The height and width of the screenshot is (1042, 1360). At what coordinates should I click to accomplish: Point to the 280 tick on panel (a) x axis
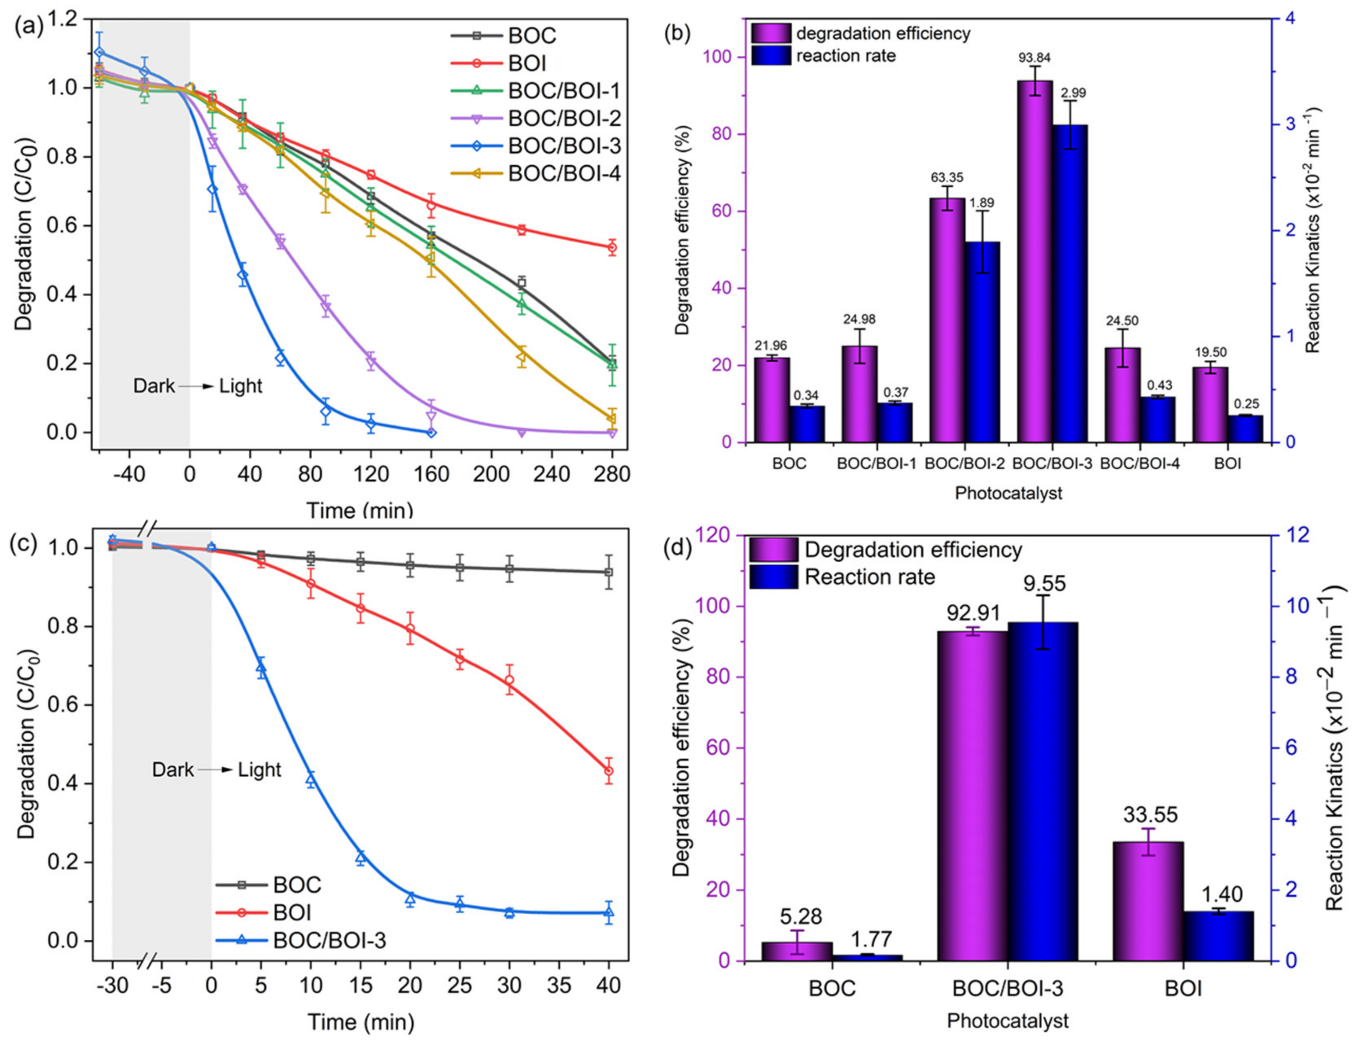click(x=612, y=475)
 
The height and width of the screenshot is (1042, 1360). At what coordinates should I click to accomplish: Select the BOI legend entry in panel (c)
click(x=291, y=913)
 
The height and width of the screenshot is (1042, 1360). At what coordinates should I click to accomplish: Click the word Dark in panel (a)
click(x=154, y=386)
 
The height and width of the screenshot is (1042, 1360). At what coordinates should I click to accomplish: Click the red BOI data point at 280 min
click(x=612, y=247)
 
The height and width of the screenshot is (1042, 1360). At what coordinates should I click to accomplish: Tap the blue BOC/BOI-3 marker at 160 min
click(x=431, y=432)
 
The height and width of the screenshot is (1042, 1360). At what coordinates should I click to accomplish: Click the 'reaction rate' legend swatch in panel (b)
click(x=771, y=56)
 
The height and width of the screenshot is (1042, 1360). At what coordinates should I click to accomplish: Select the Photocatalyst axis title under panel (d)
click(x=1008, y=1020)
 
